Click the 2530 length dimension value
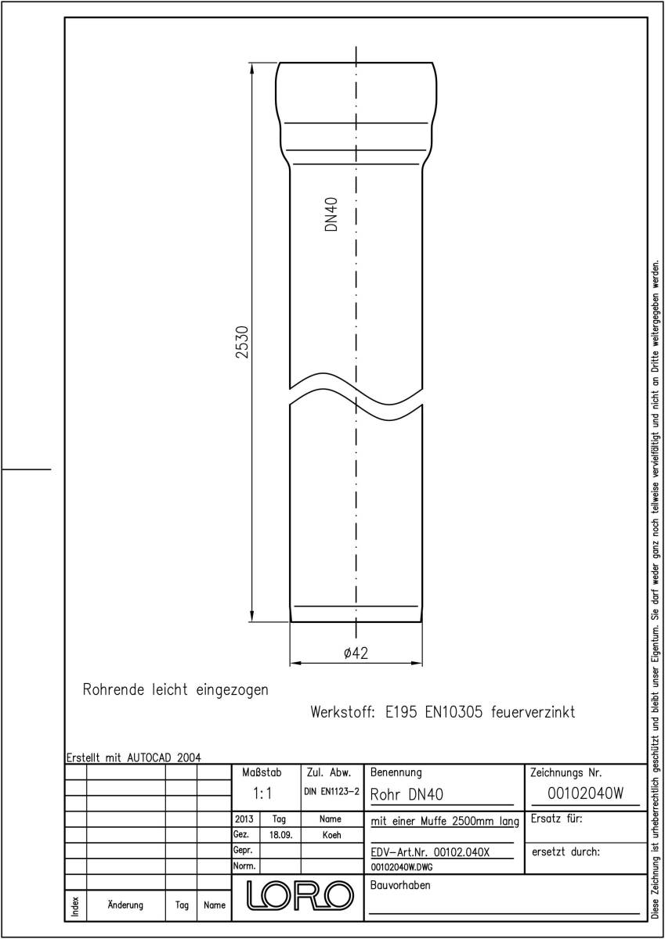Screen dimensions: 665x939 [243, 342]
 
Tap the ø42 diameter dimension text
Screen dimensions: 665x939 [356, 653]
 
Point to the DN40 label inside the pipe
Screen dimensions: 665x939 [331, 214]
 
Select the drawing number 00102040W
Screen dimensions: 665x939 [585, 793]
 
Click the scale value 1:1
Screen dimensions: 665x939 [262, 793]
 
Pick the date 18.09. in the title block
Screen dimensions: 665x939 [280, 835]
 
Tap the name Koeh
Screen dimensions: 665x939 [331, 835]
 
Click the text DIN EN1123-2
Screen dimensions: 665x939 [332, 791]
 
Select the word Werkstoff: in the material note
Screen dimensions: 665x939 [342, 712]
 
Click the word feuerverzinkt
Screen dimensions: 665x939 [533, 712]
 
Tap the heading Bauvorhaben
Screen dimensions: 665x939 [400, 885]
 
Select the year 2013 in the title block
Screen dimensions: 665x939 [244, 818]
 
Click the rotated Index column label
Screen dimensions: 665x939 [75, 906]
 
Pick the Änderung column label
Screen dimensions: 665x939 [125, 905]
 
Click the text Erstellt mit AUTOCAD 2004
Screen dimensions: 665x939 [134, 757]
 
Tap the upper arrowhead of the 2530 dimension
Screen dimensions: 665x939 [252, 68]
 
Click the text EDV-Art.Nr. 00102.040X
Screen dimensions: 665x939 [430, 852]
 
